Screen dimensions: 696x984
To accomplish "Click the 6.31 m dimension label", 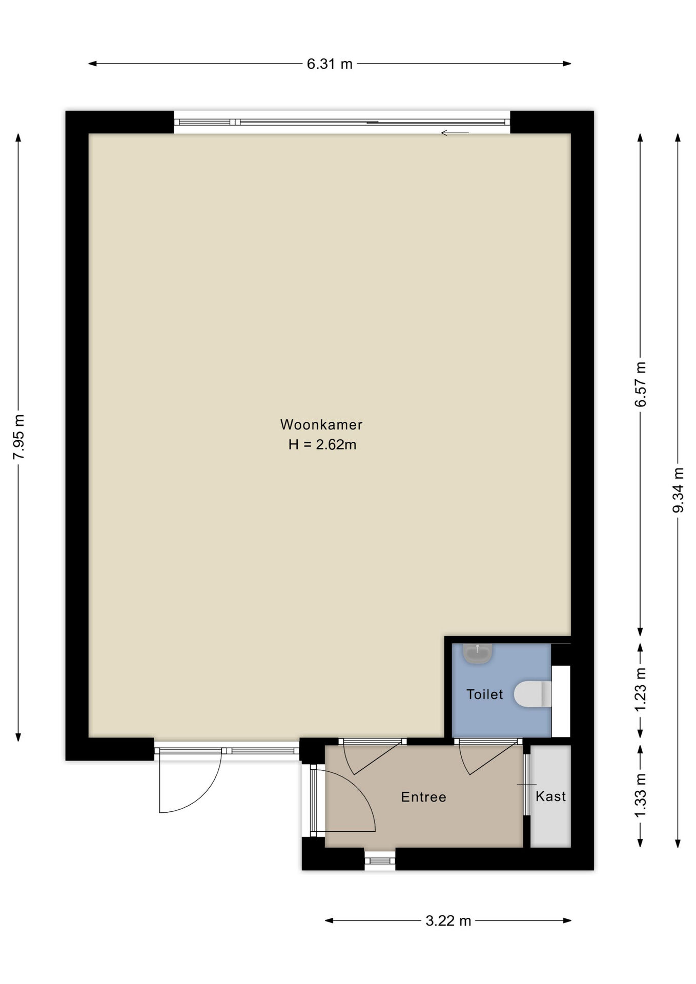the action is pyautogui.click(x=330, y=64).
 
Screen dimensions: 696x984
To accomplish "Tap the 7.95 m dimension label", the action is pyautogui.click(x=19, y=437).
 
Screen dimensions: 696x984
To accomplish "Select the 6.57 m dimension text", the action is pyautogui.click(x=641, y=384).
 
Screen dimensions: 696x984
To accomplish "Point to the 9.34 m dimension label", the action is pyautogui.click(x=679, y=490).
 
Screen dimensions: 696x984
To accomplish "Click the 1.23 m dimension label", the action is pyautogui.click(x=641, y=690).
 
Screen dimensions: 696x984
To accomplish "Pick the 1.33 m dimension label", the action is pyautogui.click(x=641, y=796).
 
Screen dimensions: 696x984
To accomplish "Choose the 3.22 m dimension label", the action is pyautogui.click(x=448, y=921).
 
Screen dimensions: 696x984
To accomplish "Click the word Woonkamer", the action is pyautogui.click(x=321, y=424).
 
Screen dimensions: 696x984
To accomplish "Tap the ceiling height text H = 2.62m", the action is pyautogui.click(x=322, y=444).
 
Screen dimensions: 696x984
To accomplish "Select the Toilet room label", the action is pyautogui.click(x=485, y=694).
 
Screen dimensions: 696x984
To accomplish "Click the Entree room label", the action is pyautogui.click(x=424, y=797).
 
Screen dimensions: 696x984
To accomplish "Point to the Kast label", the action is pyautogui.click(x=551, y=796).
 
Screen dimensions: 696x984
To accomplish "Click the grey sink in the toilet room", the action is pyautogui.click(x=478, y=653).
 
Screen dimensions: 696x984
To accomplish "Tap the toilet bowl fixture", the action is pyautogui.click(x=533, y=694).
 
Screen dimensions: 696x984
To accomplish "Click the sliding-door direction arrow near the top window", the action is pyautogui.click(x=455, y=133).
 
